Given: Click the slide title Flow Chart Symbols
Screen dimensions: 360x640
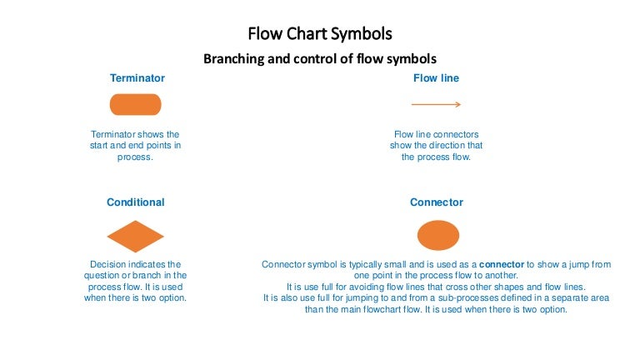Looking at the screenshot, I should (x=320, y=34).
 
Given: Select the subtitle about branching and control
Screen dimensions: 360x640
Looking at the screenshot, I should (x=320, y=59).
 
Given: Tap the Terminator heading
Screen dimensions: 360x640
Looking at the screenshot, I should (x=137, y=78).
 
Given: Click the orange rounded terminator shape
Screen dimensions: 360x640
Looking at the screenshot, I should (x=136, y=105).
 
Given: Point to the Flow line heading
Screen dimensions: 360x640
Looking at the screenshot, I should (x=436, y=78).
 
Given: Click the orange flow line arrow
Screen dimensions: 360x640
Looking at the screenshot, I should (x=436, y=105).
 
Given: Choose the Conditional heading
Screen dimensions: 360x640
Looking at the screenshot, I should (x=136, y=202).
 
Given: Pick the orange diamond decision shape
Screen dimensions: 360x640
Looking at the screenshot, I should (x=136, y=237).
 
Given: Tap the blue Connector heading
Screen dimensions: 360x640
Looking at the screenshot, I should (x=436, y=202).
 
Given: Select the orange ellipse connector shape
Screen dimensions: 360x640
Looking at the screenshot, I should (x=437, y=236).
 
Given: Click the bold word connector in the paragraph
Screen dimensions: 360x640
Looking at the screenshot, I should (x=502, y=264).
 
